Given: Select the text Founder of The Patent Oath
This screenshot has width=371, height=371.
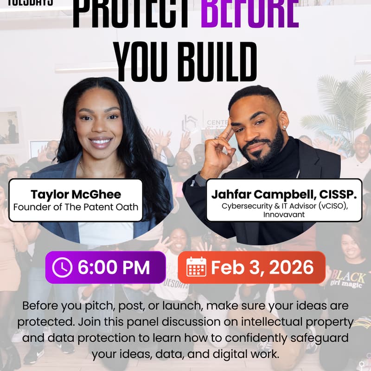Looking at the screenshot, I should [76, 207].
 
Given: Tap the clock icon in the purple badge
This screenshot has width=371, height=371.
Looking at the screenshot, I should [62, 268].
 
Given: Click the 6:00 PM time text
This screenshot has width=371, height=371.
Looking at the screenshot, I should [114, 268].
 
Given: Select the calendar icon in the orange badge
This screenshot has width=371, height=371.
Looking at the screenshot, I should [196, 267].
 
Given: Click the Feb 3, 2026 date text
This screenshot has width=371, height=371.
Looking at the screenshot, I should [262, 267].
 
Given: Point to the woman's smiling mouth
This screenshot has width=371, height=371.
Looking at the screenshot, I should [101, 141].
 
